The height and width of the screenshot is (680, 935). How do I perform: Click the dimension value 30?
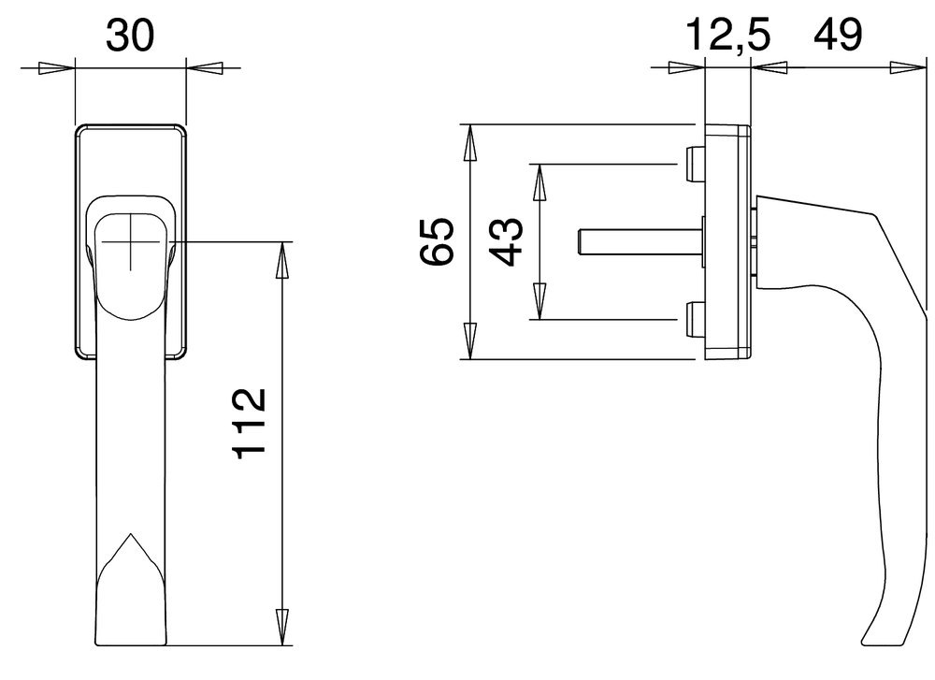pos(129,36)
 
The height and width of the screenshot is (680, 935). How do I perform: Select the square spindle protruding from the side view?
pos(636,241)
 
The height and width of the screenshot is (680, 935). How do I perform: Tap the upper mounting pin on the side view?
pos(694,164)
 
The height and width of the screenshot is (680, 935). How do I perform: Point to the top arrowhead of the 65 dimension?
pos(471,142)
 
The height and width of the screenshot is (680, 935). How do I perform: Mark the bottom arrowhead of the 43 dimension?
pos(539,301)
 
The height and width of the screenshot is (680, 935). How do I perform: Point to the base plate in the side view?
pos(727,241)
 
